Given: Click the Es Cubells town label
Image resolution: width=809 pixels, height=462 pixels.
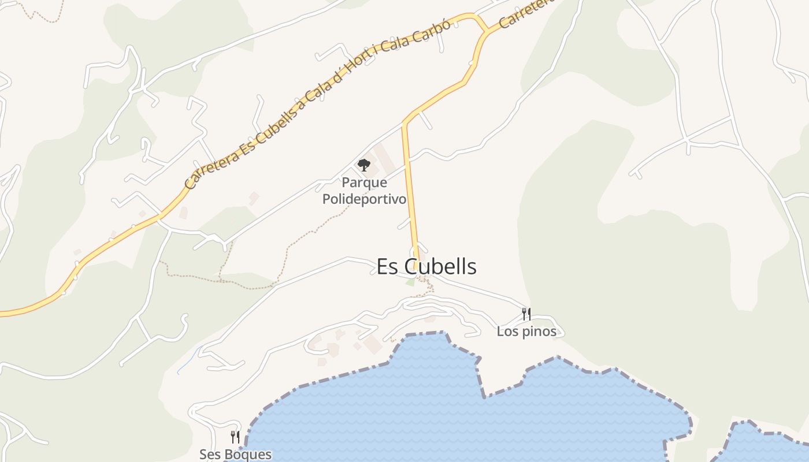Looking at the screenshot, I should coord(426,267).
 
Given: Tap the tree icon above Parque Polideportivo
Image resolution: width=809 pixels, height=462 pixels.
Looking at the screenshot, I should coord(363,166).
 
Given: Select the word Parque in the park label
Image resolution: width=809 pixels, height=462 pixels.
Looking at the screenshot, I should coord(364,182).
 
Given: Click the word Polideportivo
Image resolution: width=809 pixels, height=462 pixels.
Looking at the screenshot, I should coord(364,199).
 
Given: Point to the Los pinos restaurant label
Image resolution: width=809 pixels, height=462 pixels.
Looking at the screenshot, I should coord(526,331).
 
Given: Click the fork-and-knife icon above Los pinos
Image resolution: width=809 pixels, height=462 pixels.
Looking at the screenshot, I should coord(526,314).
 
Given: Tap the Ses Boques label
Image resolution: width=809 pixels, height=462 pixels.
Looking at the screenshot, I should coord(235,454).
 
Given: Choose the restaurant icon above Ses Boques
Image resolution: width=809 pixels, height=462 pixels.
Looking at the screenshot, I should coord(235,437).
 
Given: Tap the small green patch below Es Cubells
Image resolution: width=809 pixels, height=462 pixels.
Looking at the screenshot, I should coord(410,282).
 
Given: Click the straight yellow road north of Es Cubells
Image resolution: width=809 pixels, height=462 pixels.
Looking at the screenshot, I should coord(410,185).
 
